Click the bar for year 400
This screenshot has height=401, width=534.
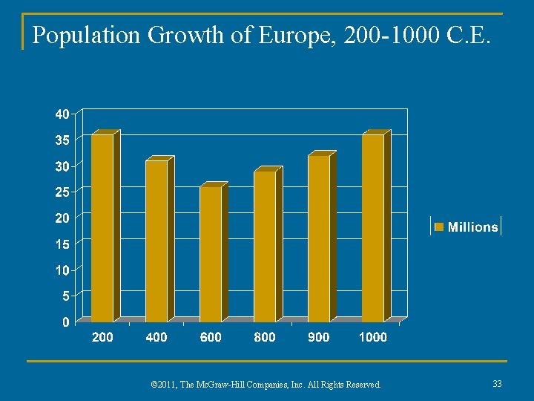point(156,241)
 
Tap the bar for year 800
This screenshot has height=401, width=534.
point(265,246)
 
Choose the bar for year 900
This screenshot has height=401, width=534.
point(319,238)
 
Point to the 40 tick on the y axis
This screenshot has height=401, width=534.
point(62,114)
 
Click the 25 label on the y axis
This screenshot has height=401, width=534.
point(62,192)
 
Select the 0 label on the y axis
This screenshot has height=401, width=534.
point(66,322)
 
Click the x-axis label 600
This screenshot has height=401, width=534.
point(211,338)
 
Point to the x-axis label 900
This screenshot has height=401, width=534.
point(319,338)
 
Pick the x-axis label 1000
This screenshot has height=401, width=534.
point(373,338)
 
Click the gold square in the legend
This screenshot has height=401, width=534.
point(439,226)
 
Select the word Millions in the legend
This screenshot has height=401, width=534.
point(472,227)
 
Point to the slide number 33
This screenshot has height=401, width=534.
point(498,384)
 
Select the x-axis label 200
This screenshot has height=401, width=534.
point(102,338)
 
